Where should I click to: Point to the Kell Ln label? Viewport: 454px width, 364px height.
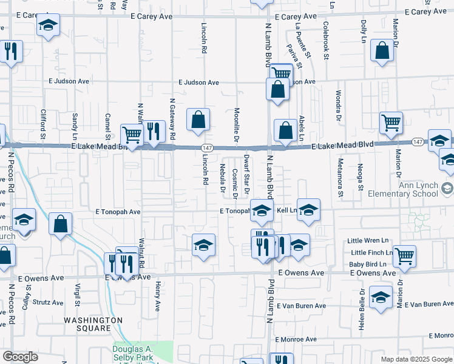286,211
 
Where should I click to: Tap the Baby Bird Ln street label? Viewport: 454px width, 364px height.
367,264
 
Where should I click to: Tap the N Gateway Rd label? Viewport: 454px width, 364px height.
172,117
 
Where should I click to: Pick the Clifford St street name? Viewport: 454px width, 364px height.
43,122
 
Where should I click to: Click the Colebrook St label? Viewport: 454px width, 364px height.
326,41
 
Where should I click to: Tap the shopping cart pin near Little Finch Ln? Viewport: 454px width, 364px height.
404,255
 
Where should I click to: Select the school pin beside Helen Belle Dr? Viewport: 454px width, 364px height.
381,297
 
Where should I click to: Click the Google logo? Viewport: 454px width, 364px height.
20,357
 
